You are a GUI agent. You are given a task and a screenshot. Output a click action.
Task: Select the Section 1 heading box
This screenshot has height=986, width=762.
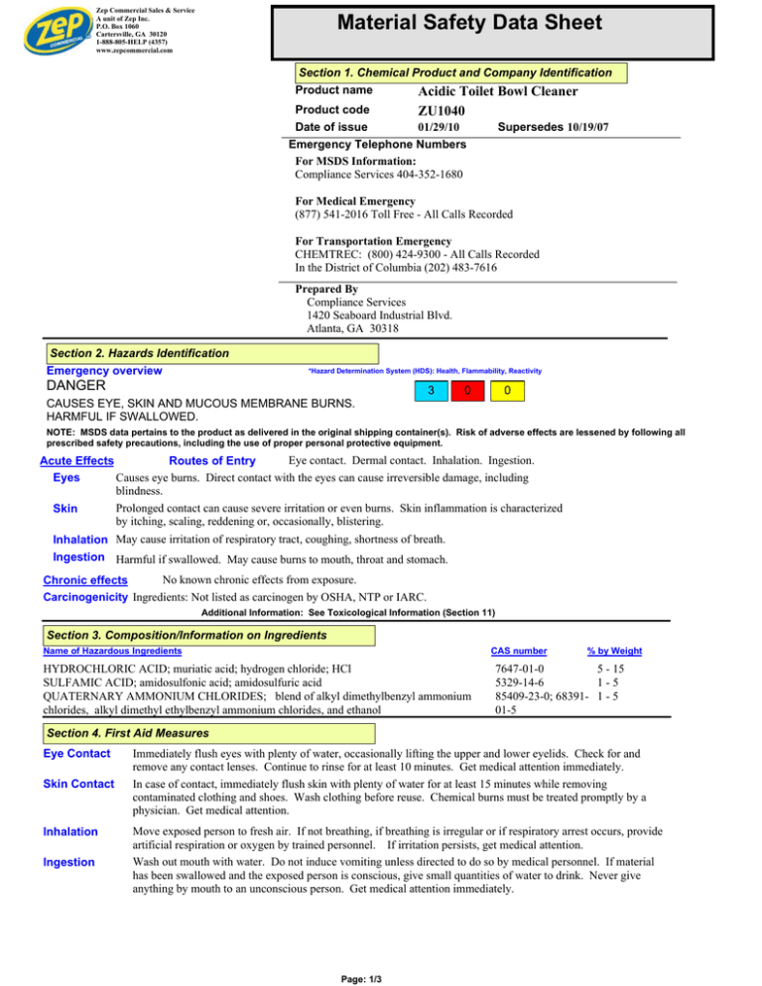455,73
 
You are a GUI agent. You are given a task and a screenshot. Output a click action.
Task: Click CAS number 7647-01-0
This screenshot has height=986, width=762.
524,671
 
